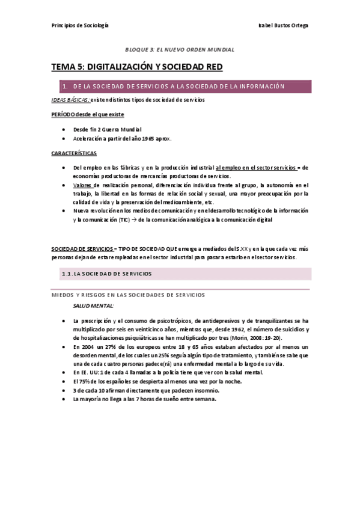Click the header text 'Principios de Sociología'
pyautogui.click(x=79, y=25)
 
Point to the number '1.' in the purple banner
pyautogui.click(x=64, y=87)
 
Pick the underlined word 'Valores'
pyautogui.click(x=84, y=185)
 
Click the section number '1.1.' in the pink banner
pyautogui.click(x=71, y=274)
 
